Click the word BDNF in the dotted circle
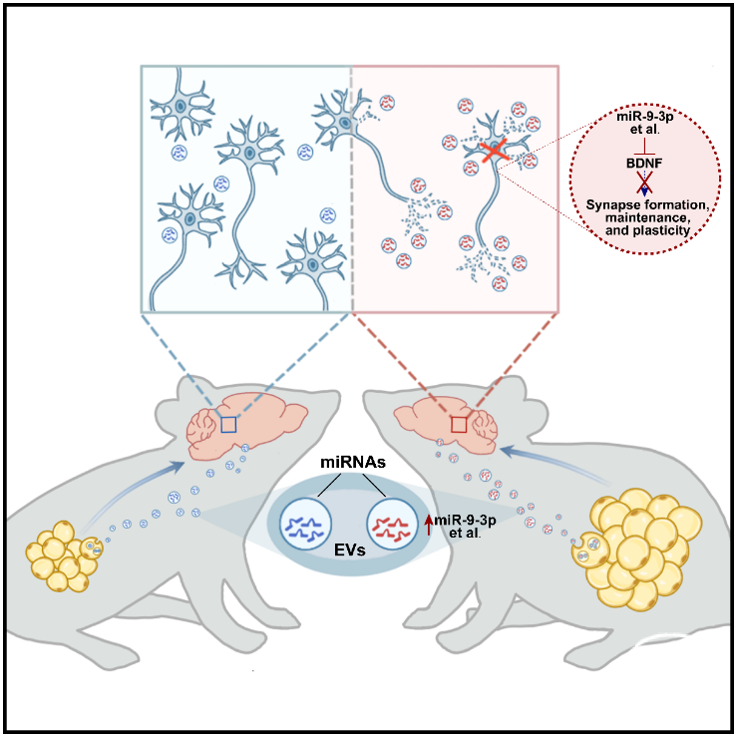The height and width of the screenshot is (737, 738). (x=644, y=164)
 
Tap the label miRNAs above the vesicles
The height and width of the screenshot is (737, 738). (x=353, y=462)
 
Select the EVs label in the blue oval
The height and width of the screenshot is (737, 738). (x=350, y=550)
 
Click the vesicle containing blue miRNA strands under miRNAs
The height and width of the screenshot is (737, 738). (x=306, y=525)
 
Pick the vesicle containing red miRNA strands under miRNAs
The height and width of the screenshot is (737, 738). (x=392, y=525)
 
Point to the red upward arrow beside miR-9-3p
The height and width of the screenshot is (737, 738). (x=428, y=525)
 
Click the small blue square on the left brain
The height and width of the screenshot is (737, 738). (x=228, y=425)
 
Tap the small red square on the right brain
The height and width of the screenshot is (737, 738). (x=459, y=425)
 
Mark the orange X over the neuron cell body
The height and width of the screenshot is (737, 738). (x=495, y=151)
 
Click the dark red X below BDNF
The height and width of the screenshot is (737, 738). (x=645, y=183)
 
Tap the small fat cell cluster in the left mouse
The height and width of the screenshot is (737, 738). (x=64, y=555)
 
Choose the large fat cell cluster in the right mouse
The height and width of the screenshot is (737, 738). (x=636, y=550)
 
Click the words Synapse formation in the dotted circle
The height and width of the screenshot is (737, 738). (x=647, y=205)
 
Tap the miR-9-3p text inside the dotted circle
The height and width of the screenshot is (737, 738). (x=645, y=117)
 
